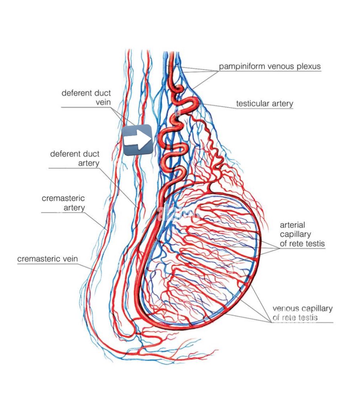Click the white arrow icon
pos(137,140)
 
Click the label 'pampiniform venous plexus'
pos(270,66)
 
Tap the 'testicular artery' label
pos(265,104)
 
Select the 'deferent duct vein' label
pos(86,98)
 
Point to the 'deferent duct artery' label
pos(75,158)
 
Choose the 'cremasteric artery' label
pos(63,203)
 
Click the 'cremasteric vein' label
pos(47,259)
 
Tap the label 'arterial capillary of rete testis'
pos(302,234)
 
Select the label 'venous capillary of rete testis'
pos(302,313)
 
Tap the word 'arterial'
pos(292,225)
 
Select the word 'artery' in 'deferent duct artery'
pos(89,163)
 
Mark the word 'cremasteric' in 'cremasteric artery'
pos(63,198)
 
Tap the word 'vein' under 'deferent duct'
pos(103,102)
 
